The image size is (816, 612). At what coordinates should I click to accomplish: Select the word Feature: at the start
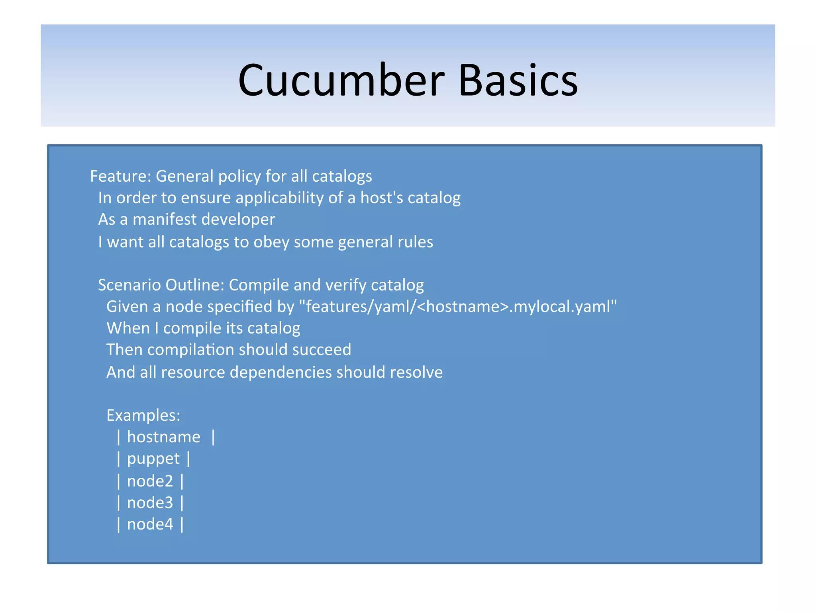(120, 176)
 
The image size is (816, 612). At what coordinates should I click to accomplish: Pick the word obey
(271, 242)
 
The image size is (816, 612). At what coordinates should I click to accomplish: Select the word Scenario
(129, 285)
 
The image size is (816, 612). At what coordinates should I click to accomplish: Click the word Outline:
(195, 285)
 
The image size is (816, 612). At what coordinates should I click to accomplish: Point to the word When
(128, 328)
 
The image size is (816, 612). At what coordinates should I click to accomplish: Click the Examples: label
(143, 416)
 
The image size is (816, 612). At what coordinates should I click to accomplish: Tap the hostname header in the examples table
(163, 437)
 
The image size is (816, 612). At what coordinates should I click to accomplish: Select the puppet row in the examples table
(153, 459)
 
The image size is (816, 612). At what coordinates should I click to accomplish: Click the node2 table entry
(150, 481)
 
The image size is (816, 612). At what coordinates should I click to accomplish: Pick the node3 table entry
(150, 503)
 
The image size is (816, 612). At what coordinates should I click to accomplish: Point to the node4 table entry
(150, 524)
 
